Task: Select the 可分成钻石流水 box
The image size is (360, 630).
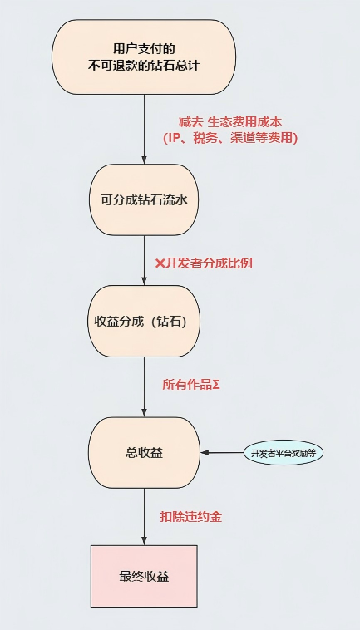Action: click(144, 200)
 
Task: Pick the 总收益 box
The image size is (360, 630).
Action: click(144, 453)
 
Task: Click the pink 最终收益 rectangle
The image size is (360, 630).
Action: click(144, 576)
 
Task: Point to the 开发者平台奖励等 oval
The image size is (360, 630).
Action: click(284, 453)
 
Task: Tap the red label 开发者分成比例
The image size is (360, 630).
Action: click(210, 263)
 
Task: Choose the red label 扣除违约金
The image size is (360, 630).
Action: click(190, 516)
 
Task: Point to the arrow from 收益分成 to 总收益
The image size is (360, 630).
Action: click(144, 386)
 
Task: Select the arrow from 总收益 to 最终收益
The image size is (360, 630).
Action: click(144, 515)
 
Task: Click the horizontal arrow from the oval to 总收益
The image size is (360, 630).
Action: click(221, 453)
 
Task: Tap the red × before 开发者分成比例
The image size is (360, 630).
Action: click(160, 263)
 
